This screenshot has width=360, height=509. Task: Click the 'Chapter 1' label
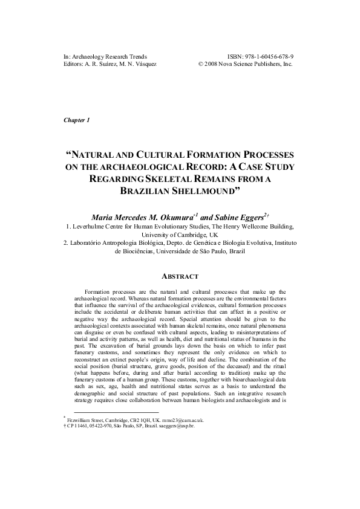click(76, 120)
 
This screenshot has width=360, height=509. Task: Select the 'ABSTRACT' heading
click(180, 276)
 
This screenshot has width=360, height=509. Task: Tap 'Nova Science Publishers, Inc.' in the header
click(257, 64)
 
